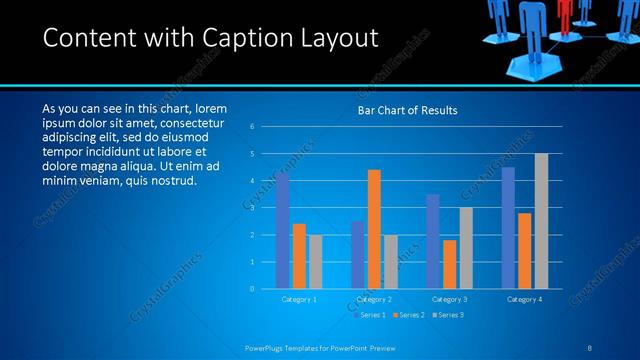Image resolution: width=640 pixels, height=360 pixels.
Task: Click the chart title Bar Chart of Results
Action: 408,111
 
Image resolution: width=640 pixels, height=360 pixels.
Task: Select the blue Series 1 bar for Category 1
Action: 282,231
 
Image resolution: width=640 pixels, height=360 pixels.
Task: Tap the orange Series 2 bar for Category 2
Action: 374,229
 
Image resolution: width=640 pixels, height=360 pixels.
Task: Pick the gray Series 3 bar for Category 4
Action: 541,221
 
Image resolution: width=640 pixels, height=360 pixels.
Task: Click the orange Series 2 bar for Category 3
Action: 449,264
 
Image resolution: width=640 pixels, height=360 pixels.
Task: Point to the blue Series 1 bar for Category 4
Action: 508,228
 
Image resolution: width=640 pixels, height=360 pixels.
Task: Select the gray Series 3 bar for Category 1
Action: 315,262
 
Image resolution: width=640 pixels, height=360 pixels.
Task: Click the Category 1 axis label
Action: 299,299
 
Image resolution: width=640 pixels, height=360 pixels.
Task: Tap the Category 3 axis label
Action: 449,299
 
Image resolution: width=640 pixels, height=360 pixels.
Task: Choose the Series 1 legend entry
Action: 372,315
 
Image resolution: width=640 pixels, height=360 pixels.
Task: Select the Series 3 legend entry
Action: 449,315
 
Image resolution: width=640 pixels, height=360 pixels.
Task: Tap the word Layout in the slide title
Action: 336,38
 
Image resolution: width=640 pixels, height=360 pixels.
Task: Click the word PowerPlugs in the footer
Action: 270,348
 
